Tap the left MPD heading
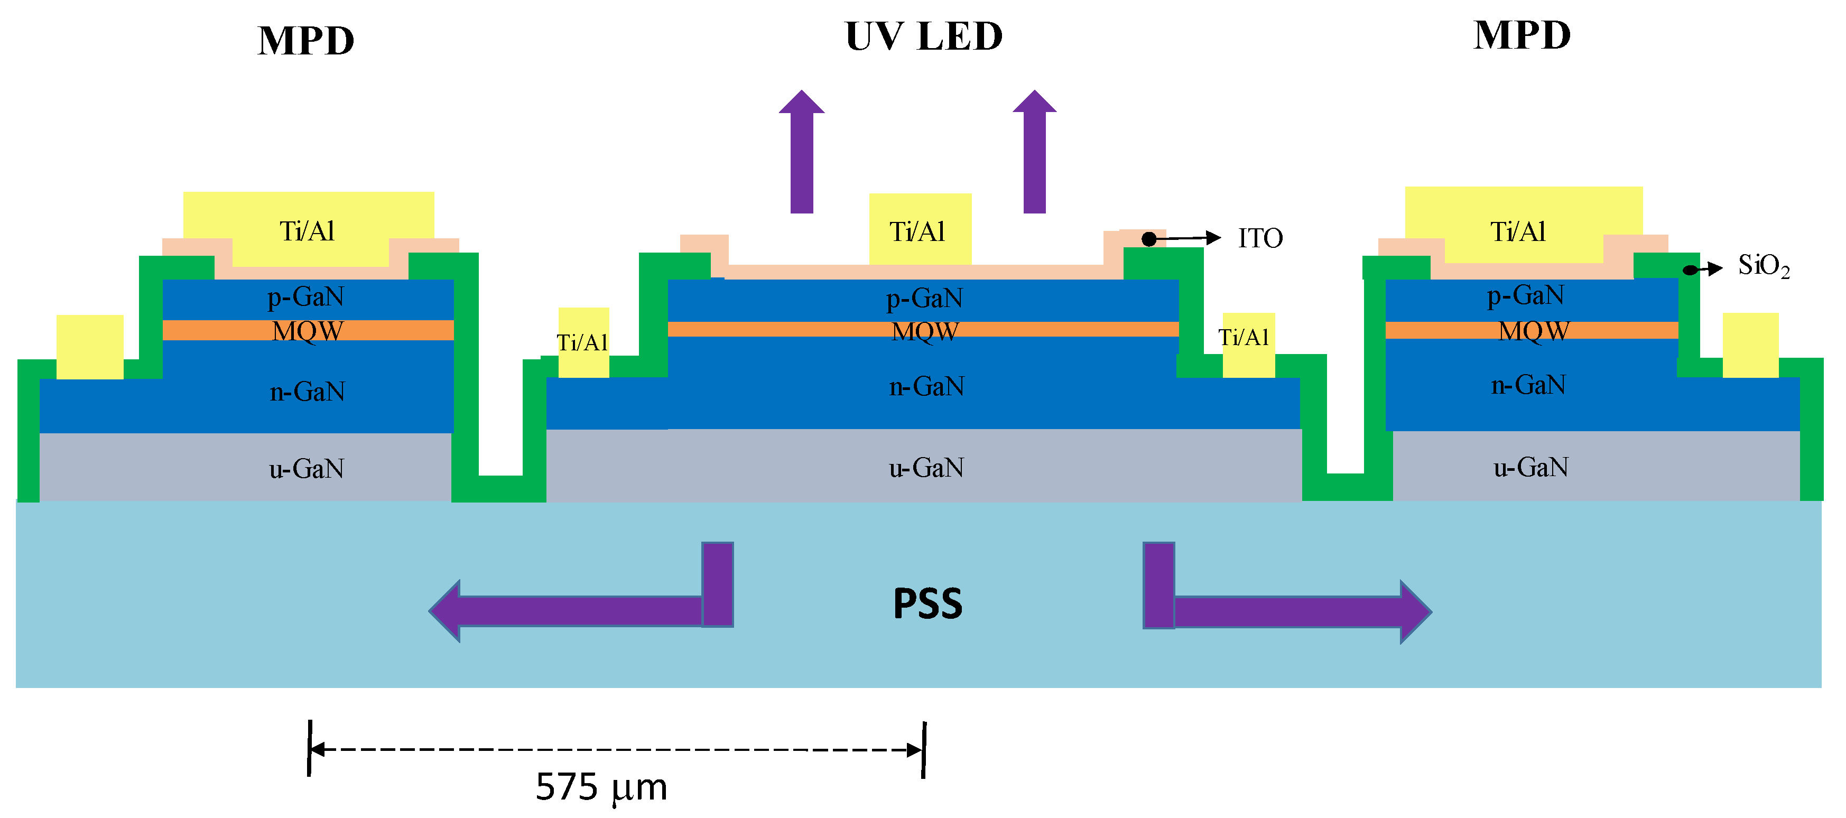tap(306, 41)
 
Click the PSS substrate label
tap(927, 604)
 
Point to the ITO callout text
tap(1260, 238)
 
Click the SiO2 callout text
tap(1763, 266)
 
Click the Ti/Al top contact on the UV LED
tap(920, 229)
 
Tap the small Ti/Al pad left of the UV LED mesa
tap(583, 342)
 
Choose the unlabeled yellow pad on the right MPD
tap(1750, 345)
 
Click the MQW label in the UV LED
tap(924, 331)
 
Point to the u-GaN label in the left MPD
tap(306, 469)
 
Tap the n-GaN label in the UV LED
tap(926, 387)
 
